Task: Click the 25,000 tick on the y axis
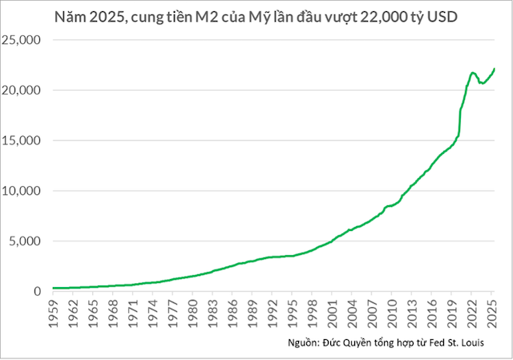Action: [x=24, y=40]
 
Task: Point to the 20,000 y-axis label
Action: [x=24, y=91]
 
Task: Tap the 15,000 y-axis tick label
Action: [x=24, y=141]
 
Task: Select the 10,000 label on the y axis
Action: [x=24, y=191]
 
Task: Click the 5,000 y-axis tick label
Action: [x=26, y=241]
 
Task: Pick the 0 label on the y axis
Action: [x=37, y=292]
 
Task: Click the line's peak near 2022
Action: [x=472, y=72]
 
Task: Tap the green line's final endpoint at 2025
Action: [x=495, y=69]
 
